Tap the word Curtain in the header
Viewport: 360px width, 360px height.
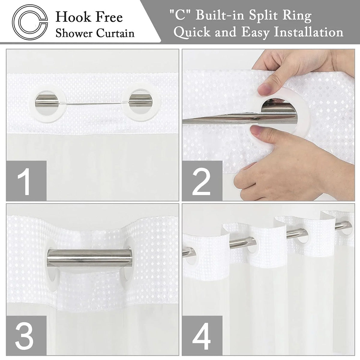[115, 34]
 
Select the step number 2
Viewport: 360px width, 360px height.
[202, 181]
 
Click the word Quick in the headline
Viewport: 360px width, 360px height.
[193, 32]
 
